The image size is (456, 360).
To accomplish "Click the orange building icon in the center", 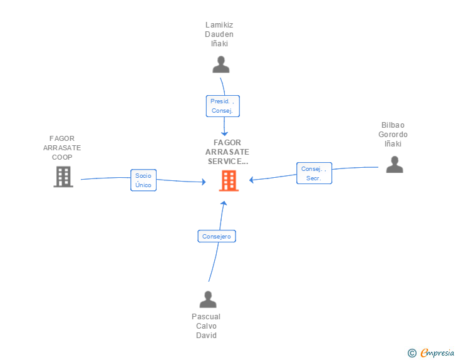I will click(228, 180).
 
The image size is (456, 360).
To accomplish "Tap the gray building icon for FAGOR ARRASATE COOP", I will click(63, 177).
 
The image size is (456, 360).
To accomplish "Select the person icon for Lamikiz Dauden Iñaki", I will click(220, 64).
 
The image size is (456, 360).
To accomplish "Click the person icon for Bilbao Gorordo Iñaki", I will click(394, 164).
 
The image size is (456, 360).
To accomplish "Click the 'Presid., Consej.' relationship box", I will click(223, 106).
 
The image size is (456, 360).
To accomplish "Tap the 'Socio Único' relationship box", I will click(143, 180).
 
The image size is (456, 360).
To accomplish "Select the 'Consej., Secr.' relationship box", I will click(314, 173).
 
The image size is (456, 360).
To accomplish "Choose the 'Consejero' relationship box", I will click(217, 237).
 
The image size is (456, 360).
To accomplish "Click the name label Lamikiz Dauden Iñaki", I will click(219, 34).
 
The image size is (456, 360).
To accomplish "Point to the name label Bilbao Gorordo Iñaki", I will click(393, 135).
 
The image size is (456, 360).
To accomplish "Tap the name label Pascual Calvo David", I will click(206, 326).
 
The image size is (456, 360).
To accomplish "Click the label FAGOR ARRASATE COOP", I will click(62, 148).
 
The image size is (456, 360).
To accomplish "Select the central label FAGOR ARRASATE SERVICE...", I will click(227, 152).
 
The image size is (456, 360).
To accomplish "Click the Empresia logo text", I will click(437, 353).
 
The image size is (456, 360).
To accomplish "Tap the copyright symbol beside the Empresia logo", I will click(412, 353).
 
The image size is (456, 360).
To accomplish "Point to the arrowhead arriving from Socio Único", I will click(203, 182).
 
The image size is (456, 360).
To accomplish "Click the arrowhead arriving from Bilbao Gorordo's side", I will click(252, 180).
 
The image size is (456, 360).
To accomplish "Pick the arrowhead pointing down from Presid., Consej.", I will click(224, 133).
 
